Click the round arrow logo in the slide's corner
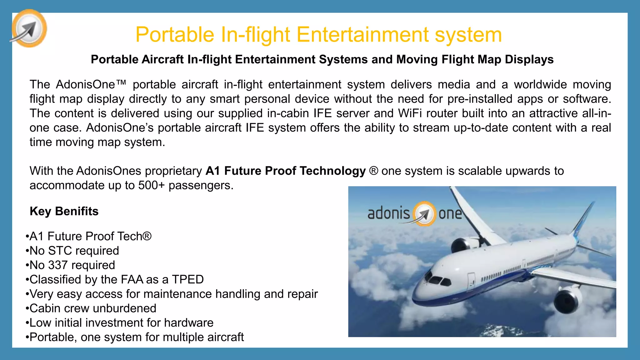pyautogui.click(x=29, y=28)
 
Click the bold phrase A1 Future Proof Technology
pyautogui.click(x=285, y=171)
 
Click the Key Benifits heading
pyautogui.click(x=64, y=211)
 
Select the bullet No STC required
pyautogui.click(x=74, y=251)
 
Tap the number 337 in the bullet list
pyautogui.click(x=58, y=265)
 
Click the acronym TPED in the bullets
pyautogui.click(x=187, y=279)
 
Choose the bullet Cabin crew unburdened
pyautogui.click(x=93, y=308)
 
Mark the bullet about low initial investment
pyautogui.click(x=121, y=322)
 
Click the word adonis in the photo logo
pyautogui.click(x=388, y=213)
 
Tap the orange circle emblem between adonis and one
pyautogui.click(x=424, y=214)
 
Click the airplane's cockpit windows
pyautogui.click(x=437, y=280)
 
